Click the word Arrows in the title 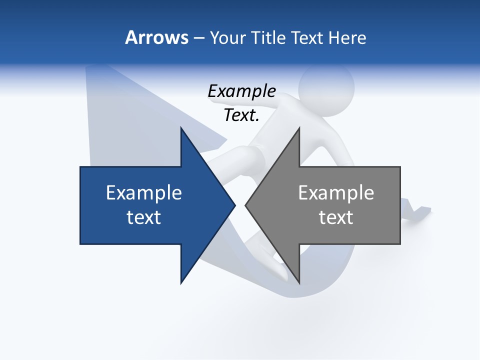[156, 37]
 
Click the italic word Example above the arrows [241, 91]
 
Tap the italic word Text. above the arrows [241, 115]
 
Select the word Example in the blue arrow [143, 192]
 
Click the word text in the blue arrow [143, 217]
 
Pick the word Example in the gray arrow [336, 192]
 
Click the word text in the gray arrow [336, 217]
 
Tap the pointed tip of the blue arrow [234, 205]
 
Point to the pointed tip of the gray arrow [245, 205]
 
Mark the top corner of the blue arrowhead [181, 128]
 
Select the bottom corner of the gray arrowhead [299, 283]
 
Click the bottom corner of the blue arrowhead [181, 283]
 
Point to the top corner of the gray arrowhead [299, 128]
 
